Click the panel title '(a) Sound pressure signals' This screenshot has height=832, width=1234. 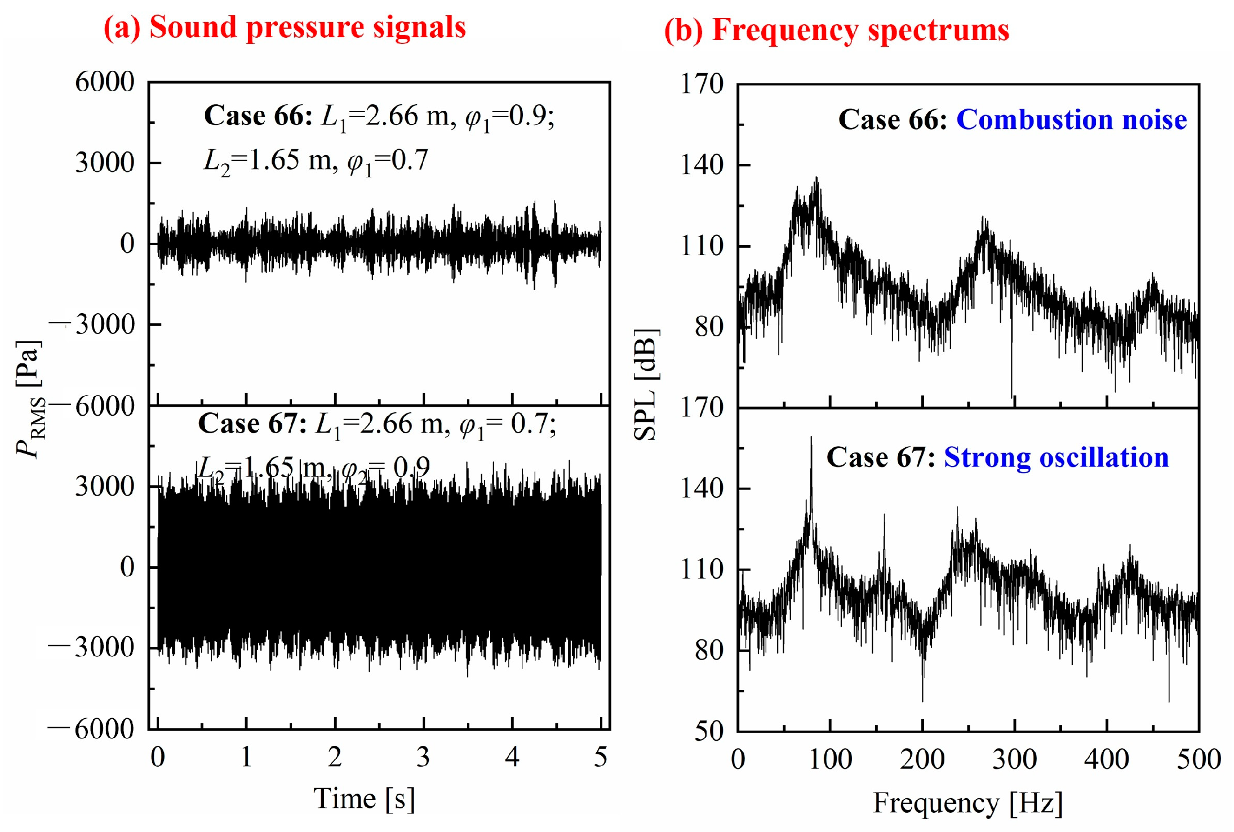(285, 26)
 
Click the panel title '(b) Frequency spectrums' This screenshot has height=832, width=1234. (836, 30)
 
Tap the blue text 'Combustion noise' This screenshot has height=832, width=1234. (1071, 119)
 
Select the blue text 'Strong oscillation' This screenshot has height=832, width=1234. (1056, 457)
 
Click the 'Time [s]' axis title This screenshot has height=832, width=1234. (364, 798)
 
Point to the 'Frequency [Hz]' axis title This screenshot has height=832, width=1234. (967, 802)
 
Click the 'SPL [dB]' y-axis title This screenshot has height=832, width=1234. (646, 384)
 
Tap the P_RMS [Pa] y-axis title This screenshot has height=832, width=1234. (29, 400)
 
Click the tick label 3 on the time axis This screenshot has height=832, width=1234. (423, 757)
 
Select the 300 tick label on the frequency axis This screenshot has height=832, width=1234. (1014, 759)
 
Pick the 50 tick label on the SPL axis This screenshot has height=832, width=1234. (708, 731)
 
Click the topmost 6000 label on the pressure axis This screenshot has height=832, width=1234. (105, 82)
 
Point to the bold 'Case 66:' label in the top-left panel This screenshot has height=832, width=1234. (258, 115)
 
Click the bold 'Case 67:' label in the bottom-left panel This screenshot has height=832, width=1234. (252, 424)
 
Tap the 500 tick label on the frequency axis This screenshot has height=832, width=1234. (1198, 759)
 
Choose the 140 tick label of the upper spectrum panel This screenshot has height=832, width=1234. (702, 165)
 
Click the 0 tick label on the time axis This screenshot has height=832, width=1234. (158, 757)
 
